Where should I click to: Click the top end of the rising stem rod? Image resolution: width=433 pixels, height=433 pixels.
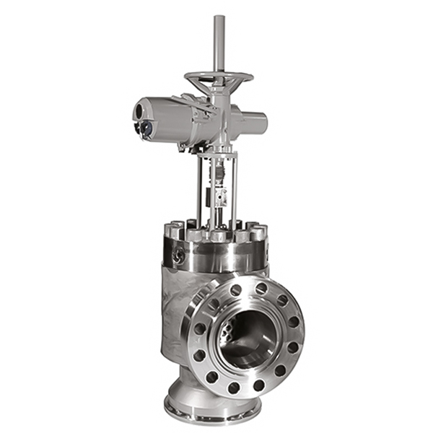click(x=219, y=18)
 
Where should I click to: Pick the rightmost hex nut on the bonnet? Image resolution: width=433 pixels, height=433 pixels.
click(x=261, y=232)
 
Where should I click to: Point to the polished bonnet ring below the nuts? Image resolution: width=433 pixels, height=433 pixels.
click(x=216, y=256)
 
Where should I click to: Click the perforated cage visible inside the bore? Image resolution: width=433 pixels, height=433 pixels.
click(x=229, y=333)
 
